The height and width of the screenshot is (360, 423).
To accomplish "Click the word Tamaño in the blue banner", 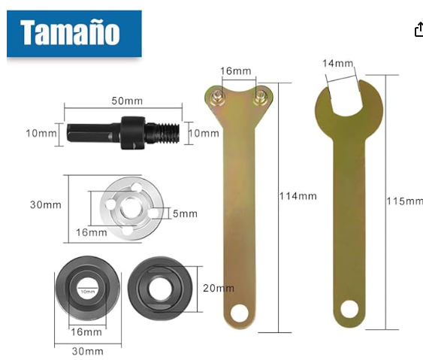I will [69, 33].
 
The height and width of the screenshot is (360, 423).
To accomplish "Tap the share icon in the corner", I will [418, 29].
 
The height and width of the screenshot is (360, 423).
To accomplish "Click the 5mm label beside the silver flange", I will [185, 214].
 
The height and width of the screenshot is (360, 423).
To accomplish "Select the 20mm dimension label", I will [218, 288].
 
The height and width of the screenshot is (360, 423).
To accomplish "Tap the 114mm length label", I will [298, 196].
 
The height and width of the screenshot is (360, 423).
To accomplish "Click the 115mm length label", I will [404, 201].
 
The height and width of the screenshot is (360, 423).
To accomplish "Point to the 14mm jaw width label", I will [337, 64].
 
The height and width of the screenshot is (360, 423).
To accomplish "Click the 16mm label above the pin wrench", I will [235, 71].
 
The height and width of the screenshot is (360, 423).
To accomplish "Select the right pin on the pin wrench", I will [259, 94].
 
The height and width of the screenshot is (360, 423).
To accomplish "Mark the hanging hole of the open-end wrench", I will [348, 308].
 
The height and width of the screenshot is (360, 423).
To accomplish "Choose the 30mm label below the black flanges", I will [88, 350].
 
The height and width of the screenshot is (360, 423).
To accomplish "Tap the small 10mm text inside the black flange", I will [87, 291].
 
